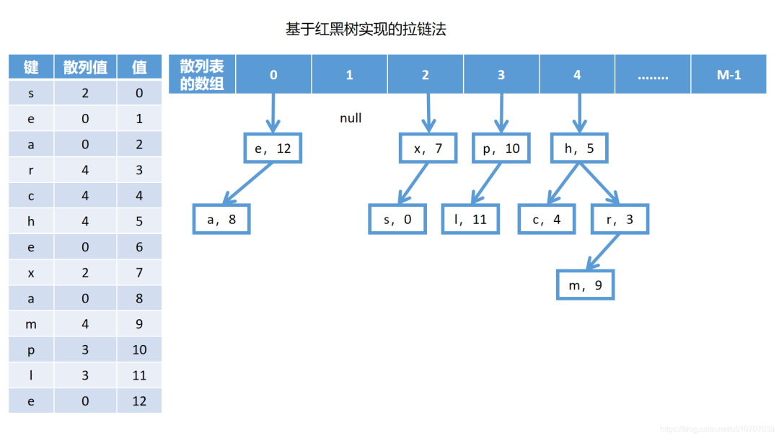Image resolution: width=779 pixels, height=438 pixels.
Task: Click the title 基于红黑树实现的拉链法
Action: click(x=366, y=30)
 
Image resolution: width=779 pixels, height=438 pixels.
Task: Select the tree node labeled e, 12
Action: click(x=273, y=148)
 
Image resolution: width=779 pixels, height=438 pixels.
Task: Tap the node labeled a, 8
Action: click(x=221, y=220)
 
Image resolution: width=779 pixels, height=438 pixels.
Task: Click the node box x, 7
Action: click(x=428, y=148)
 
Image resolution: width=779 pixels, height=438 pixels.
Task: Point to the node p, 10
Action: click(x=501, y=148)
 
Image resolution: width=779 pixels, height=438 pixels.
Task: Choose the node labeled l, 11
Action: click(x=471, y=220)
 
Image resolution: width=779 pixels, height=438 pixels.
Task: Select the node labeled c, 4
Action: click(x=547, y=220)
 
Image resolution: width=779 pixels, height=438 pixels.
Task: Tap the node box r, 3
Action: click(x=620, y=220)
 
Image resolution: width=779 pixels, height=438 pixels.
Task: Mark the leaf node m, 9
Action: click(x=585, y=285)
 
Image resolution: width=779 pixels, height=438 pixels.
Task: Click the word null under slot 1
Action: click(x=351, y=117)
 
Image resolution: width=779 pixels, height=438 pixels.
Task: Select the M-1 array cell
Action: click(x=729, y=74)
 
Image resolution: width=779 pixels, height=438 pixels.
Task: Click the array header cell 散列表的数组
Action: click(x=202, y=74)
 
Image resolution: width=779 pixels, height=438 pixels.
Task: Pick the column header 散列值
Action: click(x=85, y=68)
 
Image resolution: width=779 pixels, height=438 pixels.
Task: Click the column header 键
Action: click(x=31, y=68)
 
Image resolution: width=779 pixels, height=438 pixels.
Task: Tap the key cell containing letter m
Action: click(x=31, y=324)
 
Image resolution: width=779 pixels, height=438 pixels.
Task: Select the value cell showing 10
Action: click(x=139, y=349)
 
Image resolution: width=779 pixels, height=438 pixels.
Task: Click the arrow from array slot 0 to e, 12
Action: click(x=273, y=112)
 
